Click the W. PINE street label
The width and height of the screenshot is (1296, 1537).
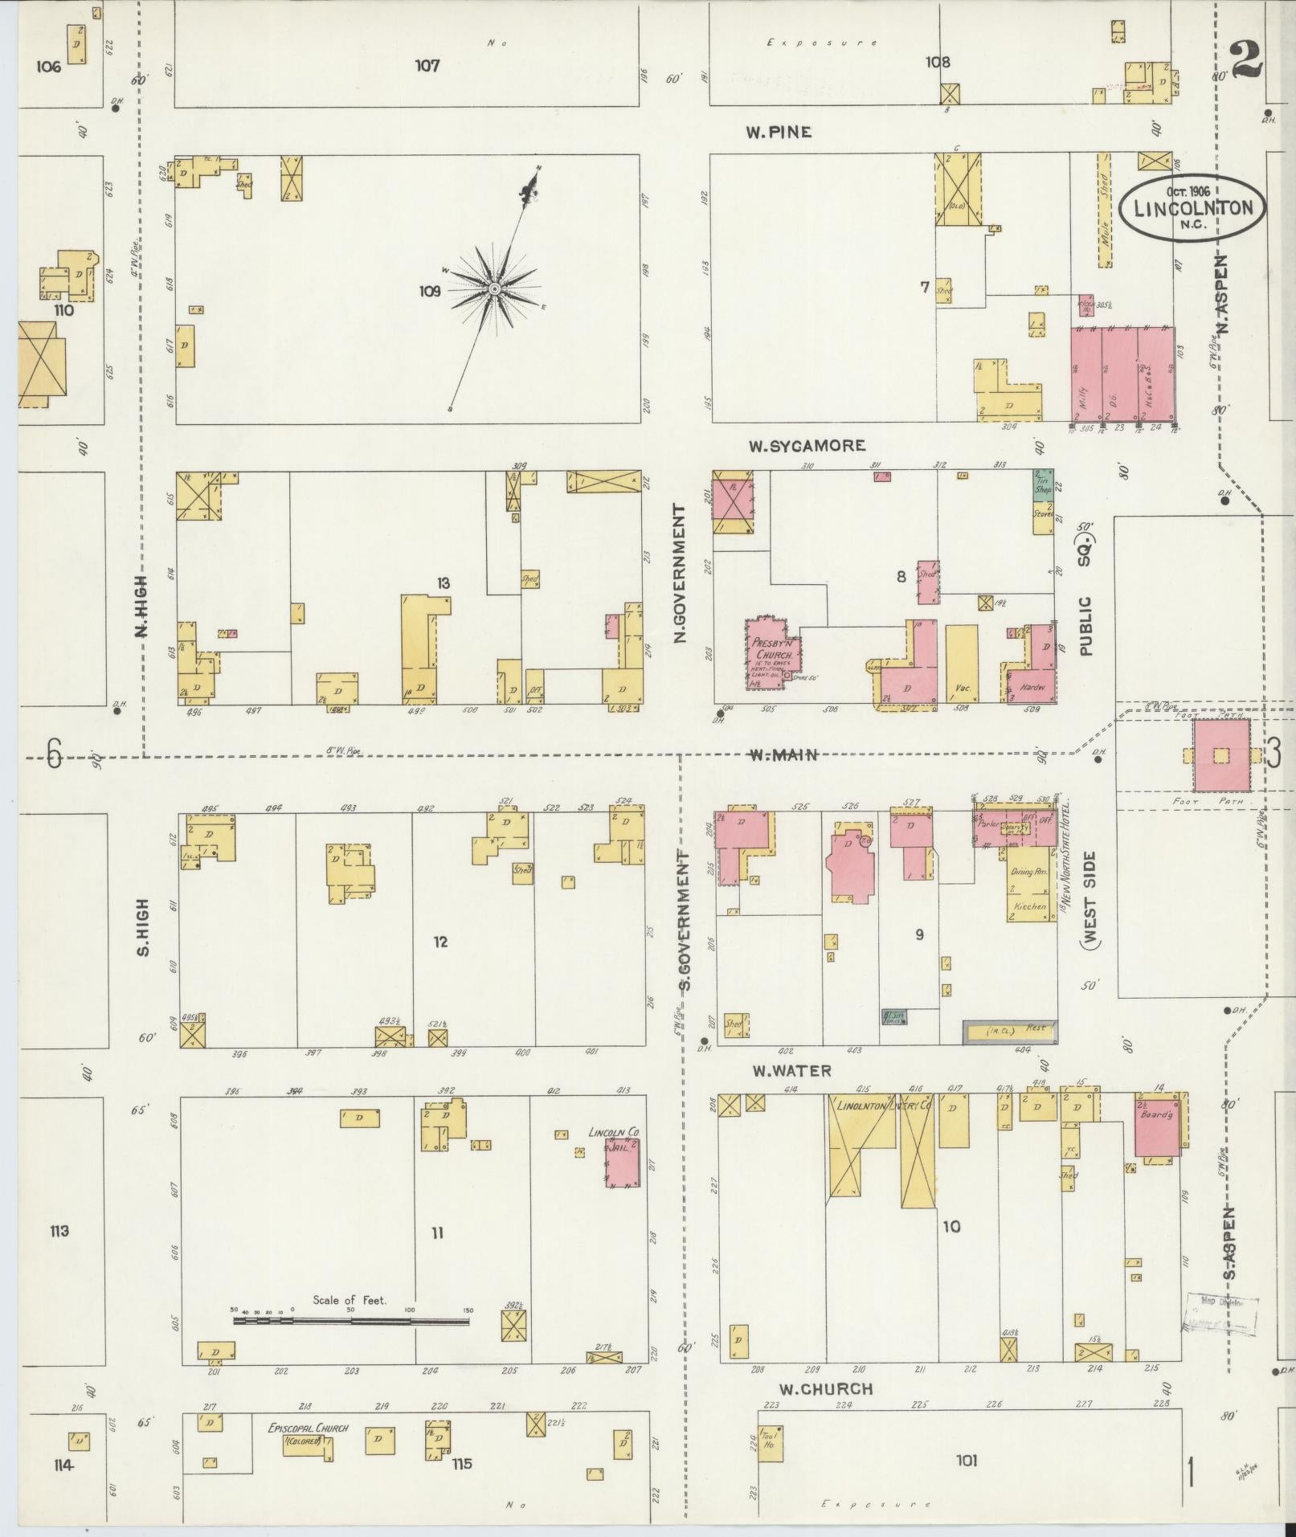[778, 132]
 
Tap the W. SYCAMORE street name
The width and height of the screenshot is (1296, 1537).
[806, 445]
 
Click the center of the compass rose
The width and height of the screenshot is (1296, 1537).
[494, 288]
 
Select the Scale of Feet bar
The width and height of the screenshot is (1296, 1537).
[350, 1320]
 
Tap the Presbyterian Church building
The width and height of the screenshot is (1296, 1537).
[771, 653]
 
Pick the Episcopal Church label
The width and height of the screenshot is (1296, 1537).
[308, 1429]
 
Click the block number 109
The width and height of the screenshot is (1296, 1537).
[429, 292]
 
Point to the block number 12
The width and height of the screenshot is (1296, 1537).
[439, 942]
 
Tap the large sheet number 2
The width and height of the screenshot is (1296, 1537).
[1245, 61]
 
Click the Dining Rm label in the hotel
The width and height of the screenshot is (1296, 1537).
[1028, 871]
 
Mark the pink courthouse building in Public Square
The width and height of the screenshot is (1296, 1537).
[1221, 755]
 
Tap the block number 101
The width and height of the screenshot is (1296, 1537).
[967, 1460]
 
